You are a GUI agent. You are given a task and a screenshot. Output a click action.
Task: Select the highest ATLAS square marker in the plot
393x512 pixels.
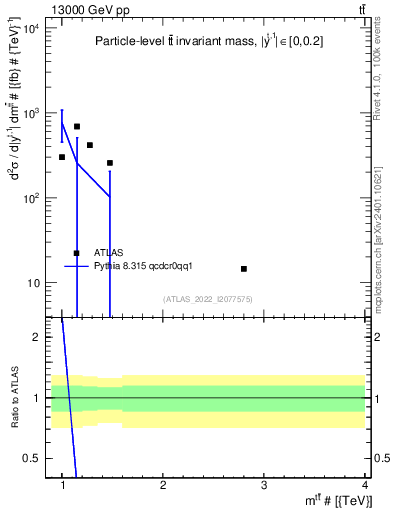click(x=77, y=127)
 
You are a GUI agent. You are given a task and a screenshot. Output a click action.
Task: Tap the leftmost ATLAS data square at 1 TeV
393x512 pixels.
click(x=62, y=157)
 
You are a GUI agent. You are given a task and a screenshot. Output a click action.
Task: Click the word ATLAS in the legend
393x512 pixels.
click(x=108, y=253)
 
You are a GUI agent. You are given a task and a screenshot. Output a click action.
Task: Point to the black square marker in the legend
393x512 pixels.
click(x=77, y=253)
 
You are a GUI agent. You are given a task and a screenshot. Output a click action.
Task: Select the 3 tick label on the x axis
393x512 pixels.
click(x=263, y=485)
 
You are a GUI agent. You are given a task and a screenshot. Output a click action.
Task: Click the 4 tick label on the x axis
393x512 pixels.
click(x=364, y=485)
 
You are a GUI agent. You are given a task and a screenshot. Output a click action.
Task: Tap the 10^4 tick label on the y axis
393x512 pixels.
click(x=30, y=28)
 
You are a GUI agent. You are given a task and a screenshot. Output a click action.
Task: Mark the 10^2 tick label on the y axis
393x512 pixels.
click(x=30, y=198)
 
